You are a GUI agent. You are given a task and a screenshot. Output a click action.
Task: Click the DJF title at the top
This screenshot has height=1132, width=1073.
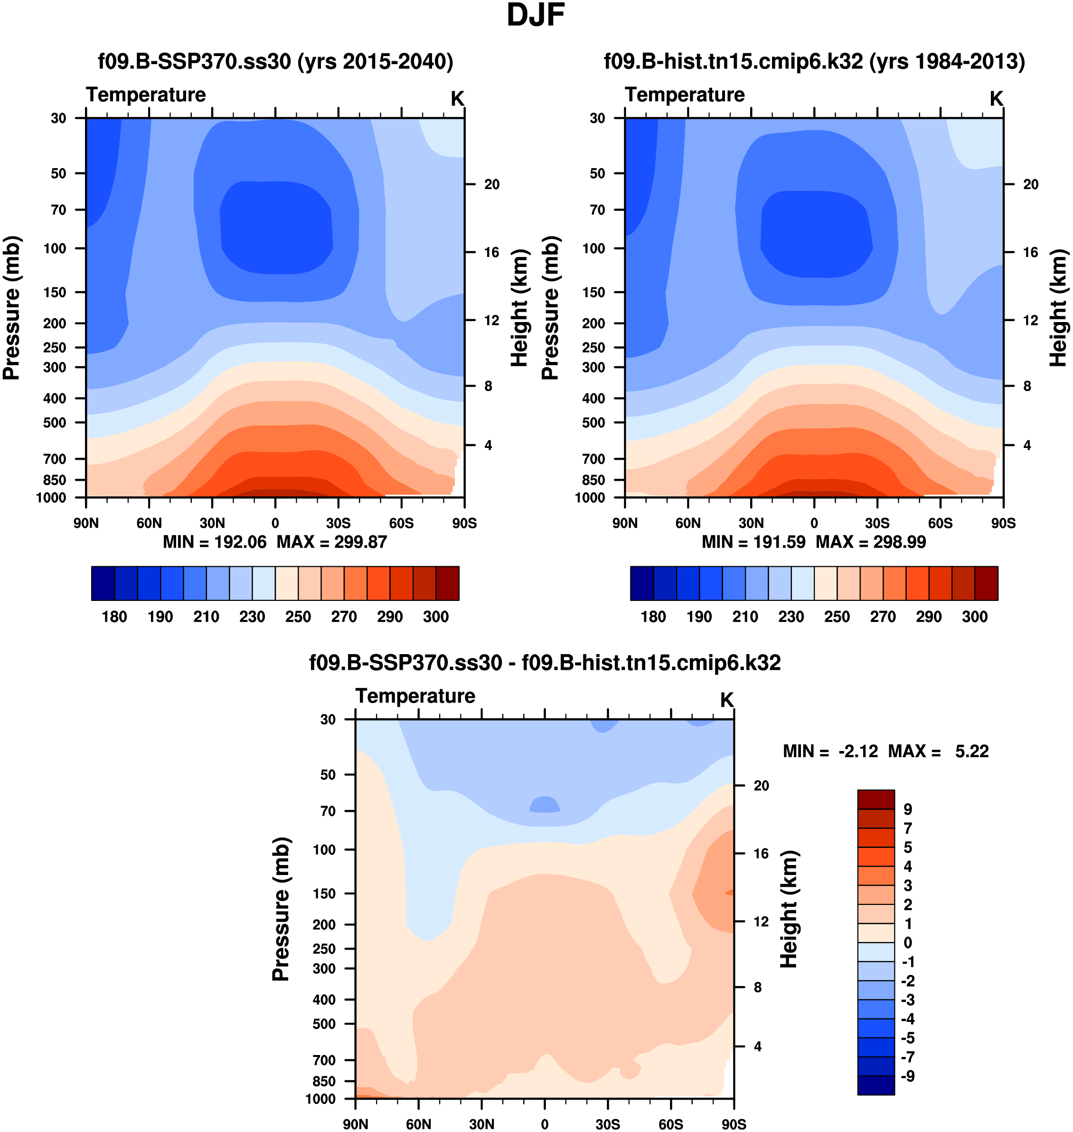click(536, 16)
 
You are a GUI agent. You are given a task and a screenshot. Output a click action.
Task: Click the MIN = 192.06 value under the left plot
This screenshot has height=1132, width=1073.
click(215, 542)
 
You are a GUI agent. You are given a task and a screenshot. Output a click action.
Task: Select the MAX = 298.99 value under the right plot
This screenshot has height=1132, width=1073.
click(871, 542)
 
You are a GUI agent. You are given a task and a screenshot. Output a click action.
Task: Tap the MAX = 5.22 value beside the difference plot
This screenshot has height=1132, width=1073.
click(938, 751)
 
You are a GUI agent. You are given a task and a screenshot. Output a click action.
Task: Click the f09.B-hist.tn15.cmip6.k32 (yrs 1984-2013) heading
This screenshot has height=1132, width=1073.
click(814, 61)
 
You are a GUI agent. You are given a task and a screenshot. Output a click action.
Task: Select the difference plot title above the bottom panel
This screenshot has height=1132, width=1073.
click(545, 663)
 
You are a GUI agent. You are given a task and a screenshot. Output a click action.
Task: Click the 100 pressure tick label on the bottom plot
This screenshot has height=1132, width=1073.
click(324, 849)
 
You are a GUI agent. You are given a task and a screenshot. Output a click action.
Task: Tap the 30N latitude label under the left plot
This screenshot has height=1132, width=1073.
click(212, 523)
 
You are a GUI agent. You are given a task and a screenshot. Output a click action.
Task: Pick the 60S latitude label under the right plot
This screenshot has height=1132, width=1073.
click(941, 523)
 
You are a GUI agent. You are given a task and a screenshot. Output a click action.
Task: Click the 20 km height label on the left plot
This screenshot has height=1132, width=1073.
click(491, 184)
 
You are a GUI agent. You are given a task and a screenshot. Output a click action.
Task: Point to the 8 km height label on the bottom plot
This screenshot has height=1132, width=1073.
click(757, 987)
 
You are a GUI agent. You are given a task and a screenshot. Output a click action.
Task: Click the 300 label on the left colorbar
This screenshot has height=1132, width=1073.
click(435, 617)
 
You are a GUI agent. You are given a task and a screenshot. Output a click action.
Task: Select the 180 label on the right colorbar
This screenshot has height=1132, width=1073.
click(653, 617)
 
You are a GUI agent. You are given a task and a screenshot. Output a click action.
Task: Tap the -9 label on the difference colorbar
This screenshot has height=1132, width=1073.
click(907, 1076)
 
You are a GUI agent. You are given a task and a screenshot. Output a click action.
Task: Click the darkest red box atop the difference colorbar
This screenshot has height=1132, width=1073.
click(875, 799)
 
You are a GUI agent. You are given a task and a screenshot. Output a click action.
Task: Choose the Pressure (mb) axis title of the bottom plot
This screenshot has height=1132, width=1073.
click(281, 909)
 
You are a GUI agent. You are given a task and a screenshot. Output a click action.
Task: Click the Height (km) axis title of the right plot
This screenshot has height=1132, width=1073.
click(1059, 308)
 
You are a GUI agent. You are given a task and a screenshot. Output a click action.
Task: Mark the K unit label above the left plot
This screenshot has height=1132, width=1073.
click(457, 99)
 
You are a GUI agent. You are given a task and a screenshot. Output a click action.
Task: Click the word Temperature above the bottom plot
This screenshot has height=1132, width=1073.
click(415, 696)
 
